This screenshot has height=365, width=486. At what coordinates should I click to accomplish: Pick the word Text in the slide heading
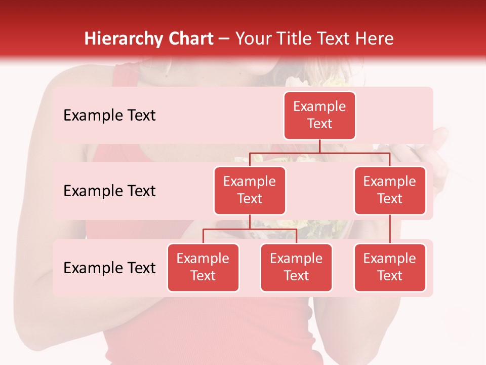pos(336,39)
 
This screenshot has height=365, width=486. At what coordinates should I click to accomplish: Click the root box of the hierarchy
pos(319,116)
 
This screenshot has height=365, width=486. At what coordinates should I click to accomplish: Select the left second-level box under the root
pos(250,191)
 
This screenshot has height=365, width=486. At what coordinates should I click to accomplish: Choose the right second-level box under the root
pos(390,191)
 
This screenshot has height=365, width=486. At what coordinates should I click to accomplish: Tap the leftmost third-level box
pos(203,268)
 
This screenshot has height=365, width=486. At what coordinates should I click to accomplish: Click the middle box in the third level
pos(296,268)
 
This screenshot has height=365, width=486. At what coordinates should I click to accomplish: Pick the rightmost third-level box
pos(390,268)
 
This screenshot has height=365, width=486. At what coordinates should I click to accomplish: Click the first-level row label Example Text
pos(109,116)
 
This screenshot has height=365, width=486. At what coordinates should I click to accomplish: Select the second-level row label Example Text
pos(109,191)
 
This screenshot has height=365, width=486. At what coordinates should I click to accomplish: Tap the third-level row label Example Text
pos(109,268)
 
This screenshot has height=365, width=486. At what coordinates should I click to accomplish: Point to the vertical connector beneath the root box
pos(319,146)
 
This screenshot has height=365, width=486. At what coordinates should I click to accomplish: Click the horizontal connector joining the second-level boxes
pos(354,153)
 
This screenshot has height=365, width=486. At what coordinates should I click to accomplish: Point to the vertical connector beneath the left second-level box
pos(250,222)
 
